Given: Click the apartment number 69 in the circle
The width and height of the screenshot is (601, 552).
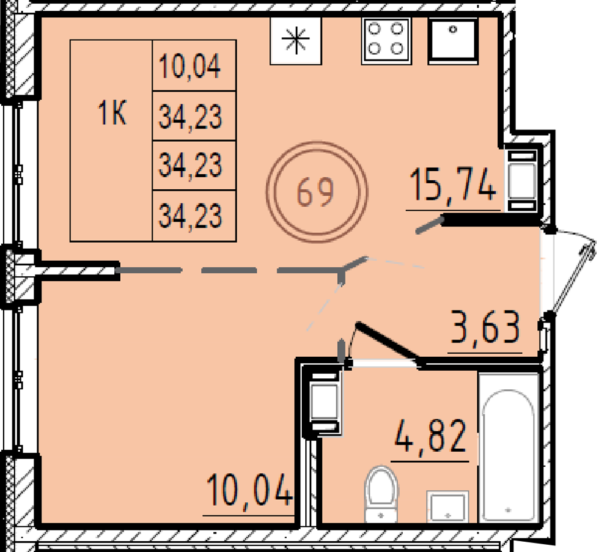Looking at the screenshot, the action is (x=316, y=193).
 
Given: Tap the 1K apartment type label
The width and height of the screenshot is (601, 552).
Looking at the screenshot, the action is (x=112, y=112).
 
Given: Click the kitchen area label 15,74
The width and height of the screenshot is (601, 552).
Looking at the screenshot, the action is (x=453, y=186).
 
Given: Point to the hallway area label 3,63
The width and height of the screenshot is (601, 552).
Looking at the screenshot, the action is (x=485, y=327).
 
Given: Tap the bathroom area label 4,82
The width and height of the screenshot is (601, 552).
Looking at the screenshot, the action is (x=430, y=435).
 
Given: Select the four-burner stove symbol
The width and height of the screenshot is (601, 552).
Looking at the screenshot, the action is (x=386, y=40).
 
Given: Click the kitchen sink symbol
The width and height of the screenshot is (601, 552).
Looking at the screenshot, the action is (x=453, y=40).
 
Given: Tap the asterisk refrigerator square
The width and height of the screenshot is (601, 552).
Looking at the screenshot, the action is (x=296, y=40).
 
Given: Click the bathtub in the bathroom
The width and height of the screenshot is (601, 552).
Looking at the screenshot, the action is (x=508, y=447).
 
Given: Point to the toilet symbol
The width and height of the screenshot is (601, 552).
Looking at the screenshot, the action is (x=381, y=494).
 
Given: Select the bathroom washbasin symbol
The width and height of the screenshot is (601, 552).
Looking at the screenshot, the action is (x=448, y=506).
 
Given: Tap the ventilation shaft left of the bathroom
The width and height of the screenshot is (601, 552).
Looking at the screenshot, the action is (x=325, y=402).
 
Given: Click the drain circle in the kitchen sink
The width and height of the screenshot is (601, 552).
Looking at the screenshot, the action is (x=453, y=29).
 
